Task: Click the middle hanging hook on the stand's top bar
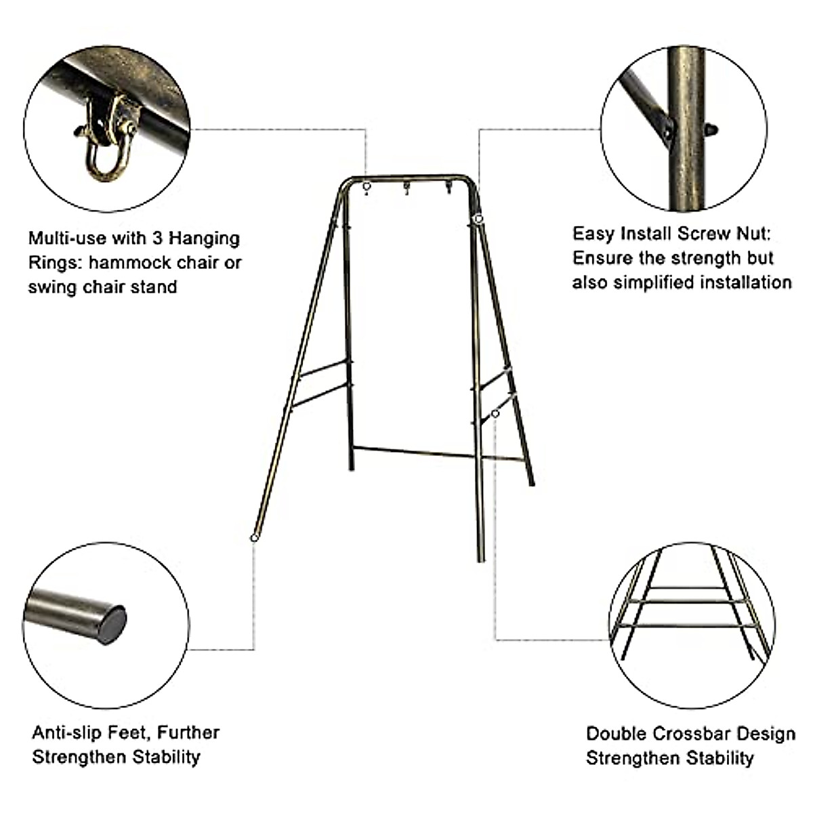pos(407,188)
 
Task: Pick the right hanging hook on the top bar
pos(448,188)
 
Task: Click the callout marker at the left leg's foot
pos(254,537)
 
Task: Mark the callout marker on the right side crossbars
pos(496,413)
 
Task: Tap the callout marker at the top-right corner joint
pos(478,219)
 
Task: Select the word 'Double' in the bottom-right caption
pos(617,734)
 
